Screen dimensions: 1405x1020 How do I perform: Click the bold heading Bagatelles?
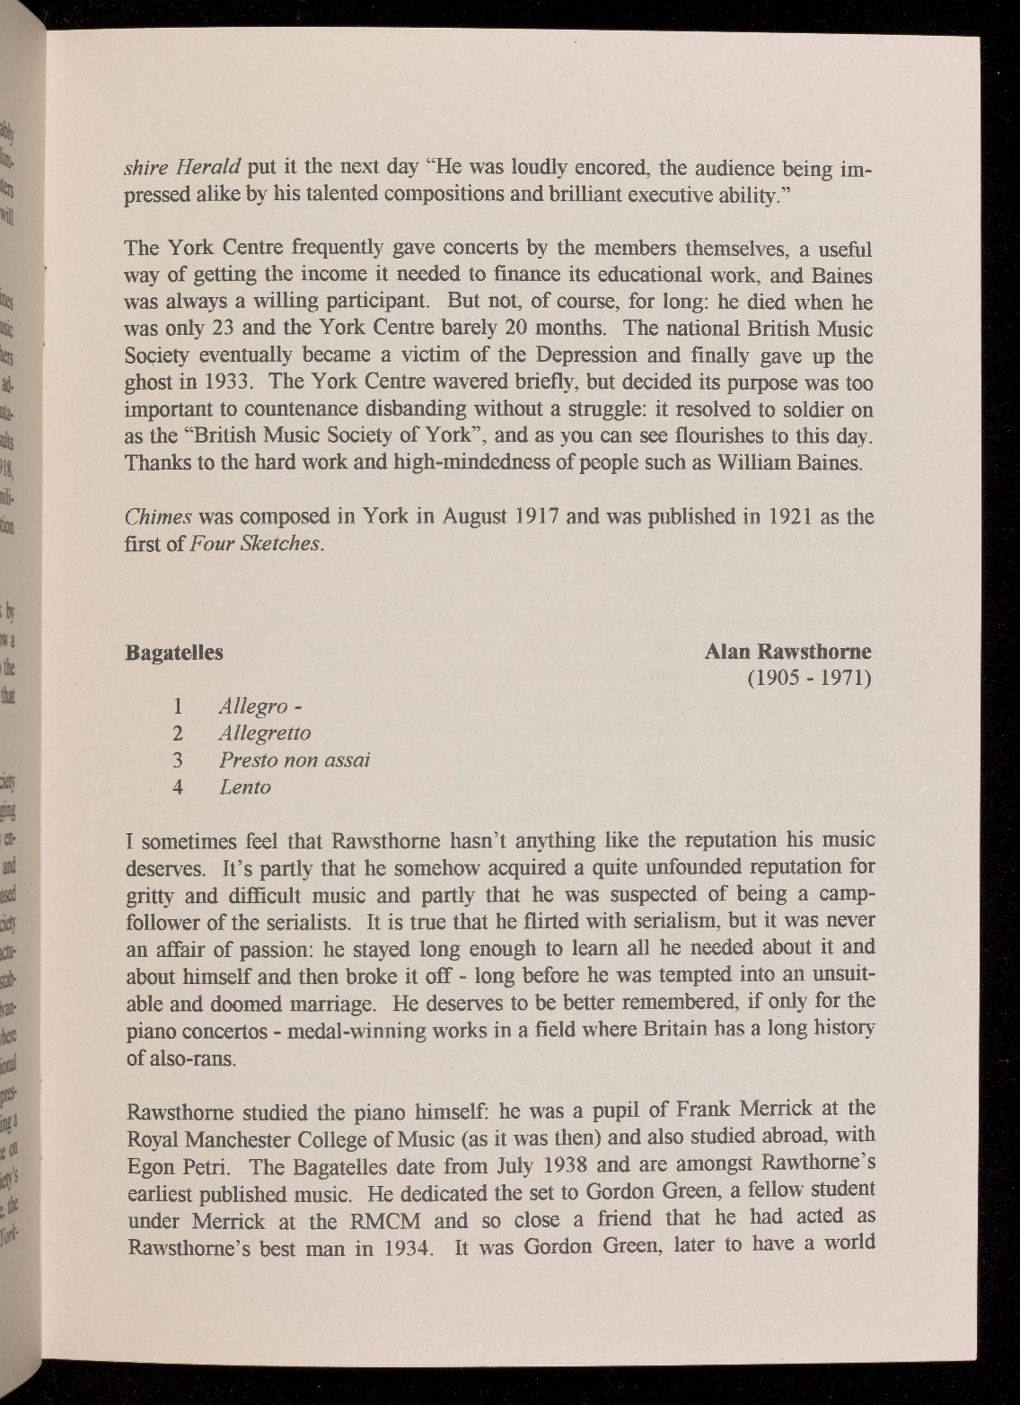coord(174,653)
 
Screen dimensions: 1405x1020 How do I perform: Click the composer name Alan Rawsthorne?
coord(787,651)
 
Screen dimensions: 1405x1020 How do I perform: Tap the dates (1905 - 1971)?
coord(810,678)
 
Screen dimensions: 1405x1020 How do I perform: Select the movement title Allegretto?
coord(265,733)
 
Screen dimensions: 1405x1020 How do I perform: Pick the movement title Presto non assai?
coord(295,760)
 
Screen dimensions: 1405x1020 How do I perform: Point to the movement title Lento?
coord(245,787)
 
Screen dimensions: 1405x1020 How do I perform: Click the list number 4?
coord(178,787)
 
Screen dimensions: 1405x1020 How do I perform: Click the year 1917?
coord(523,518)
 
